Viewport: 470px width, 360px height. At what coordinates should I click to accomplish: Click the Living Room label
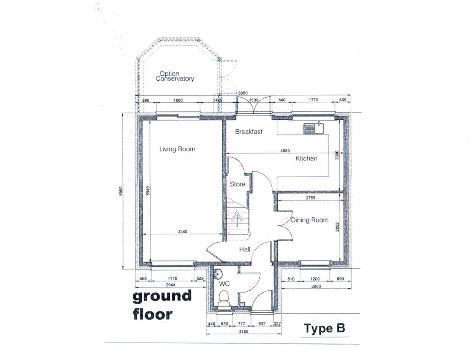click(177, 149)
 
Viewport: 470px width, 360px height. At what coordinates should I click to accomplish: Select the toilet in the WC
click(224, 299)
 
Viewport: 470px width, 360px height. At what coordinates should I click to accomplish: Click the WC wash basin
click(218, 274)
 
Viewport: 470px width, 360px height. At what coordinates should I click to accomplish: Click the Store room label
click(237, 184)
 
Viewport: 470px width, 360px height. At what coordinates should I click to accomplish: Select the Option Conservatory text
click(175, 76)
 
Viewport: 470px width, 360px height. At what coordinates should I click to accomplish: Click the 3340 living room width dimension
click(183, 232)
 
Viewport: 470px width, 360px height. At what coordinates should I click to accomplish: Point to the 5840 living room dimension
click(147, 191)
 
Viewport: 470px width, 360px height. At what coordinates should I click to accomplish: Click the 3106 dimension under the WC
click(244, 331)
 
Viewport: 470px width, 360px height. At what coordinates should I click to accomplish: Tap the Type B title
click(324, 328)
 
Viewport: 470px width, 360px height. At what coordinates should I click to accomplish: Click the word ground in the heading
click(162, 296)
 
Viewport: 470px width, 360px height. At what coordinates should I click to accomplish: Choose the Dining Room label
click(310, 220)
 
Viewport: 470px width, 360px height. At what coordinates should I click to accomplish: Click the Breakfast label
click(249, 132)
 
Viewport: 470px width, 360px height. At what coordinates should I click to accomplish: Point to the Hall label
click(245, 249)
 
